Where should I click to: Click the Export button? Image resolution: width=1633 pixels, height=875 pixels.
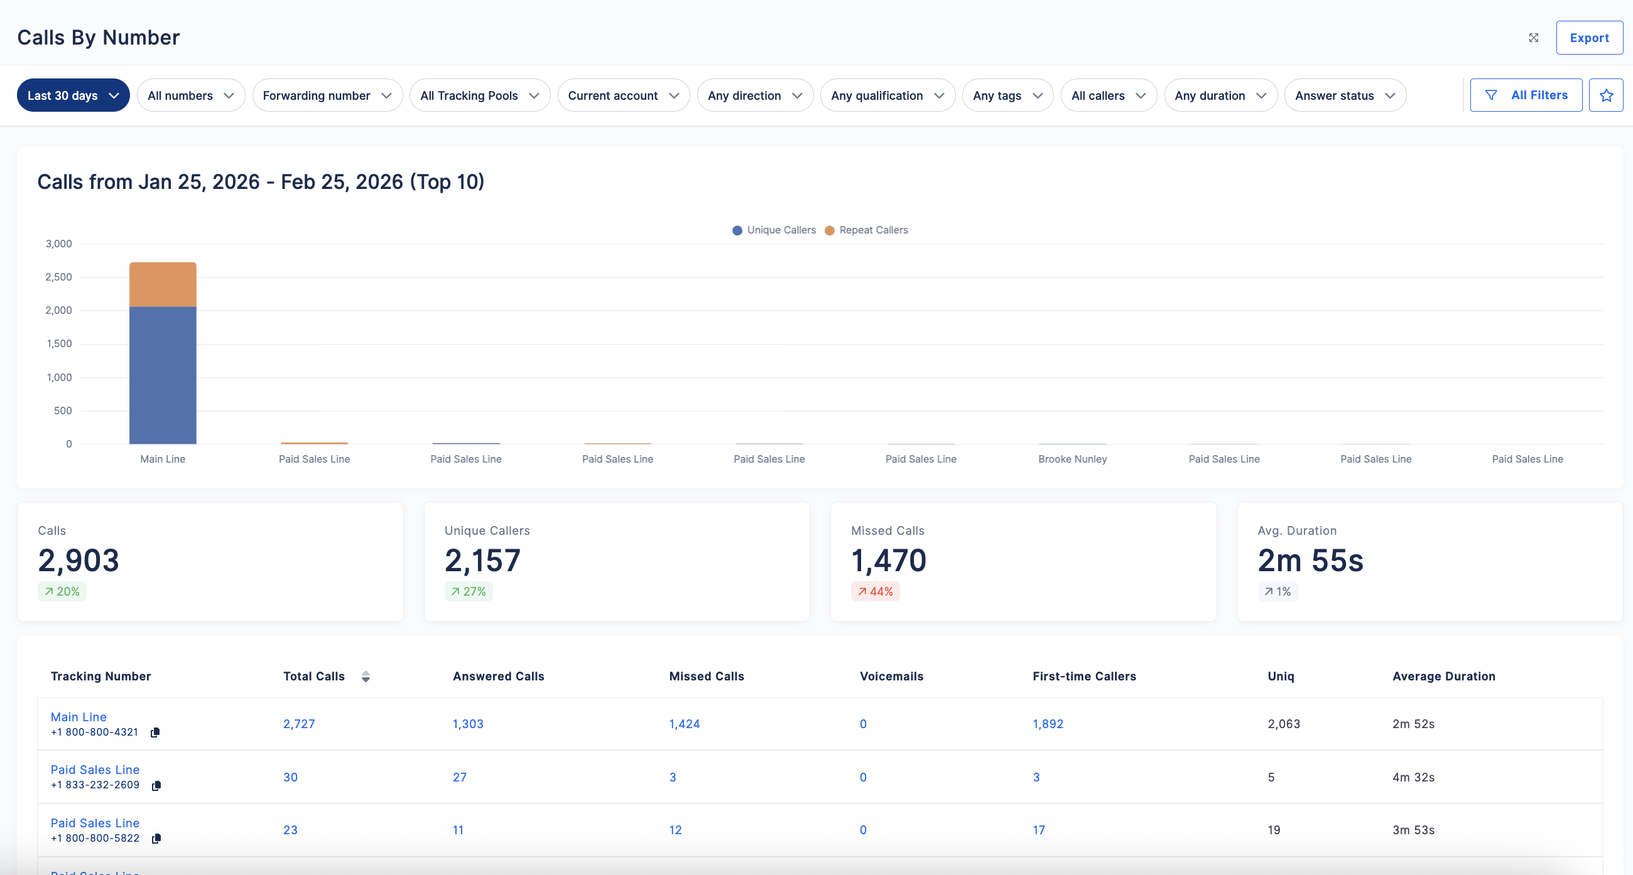[1588, 38]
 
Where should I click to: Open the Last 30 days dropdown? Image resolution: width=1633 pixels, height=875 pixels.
[73, 95]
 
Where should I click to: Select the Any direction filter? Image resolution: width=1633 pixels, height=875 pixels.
[754, 95]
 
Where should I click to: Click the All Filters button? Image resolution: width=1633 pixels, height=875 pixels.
[1526, 95]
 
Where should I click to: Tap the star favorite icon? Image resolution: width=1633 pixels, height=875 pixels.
[1606, 95]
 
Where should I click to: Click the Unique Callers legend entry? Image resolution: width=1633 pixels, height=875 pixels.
[774, 230]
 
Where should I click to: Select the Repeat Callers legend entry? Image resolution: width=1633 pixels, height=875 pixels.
[867, 230]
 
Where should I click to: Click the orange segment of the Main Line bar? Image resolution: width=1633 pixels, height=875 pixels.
[163, 284]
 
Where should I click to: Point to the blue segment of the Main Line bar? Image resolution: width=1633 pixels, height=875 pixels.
[163, 376]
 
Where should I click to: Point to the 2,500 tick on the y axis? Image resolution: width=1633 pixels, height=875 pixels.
[58, 277]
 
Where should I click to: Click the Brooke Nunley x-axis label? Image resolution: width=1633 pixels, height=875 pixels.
[1073, 459]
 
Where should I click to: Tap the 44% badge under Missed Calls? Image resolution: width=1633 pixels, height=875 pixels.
[875, 591]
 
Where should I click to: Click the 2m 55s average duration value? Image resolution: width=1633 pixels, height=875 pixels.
[1310, 560]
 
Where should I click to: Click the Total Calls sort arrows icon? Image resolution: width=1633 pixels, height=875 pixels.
[366, 677]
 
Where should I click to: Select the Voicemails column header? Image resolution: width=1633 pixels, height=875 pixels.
[891, 676]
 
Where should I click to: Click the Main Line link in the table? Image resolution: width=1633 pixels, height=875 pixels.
[79, 717]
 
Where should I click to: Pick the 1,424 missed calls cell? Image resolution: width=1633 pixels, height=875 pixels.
[685, 724]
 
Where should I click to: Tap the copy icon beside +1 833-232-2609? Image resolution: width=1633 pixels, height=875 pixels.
[156, 786]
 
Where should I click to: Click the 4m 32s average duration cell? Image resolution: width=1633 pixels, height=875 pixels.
[1413, 777]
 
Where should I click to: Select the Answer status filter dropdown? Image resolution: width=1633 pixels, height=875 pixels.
[1345, 95]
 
